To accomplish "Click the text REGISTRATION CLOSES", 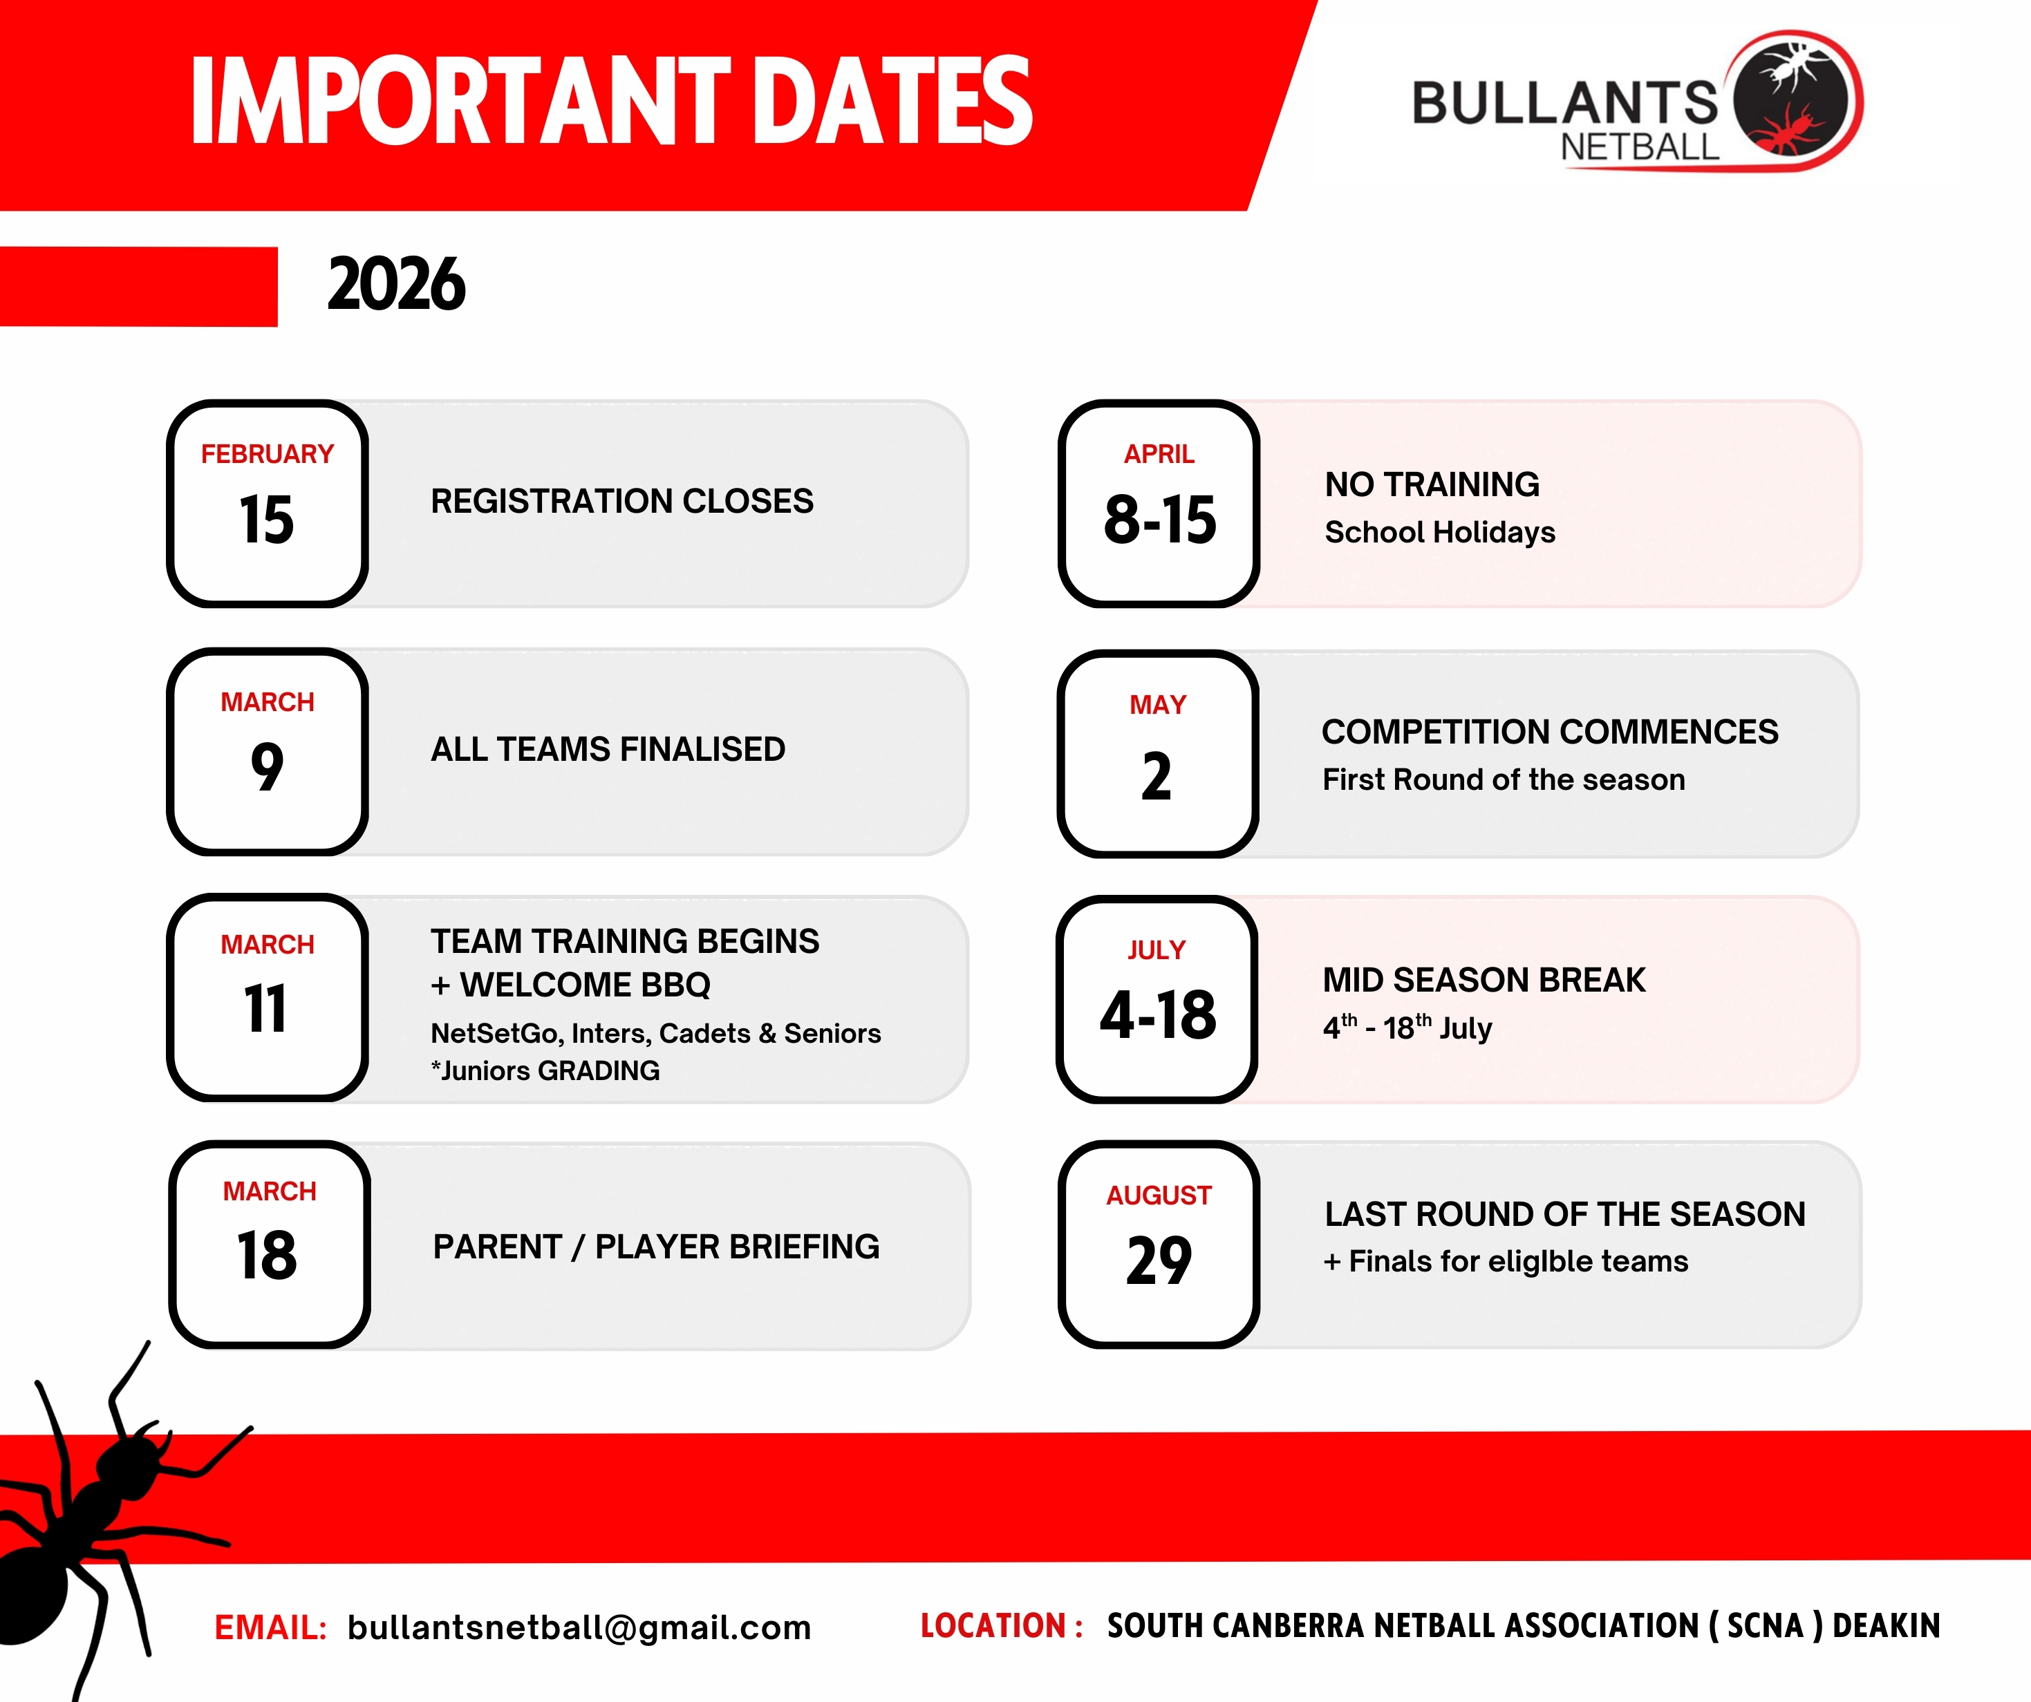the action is (622, 501).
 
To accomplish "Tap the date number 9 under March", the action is (267, 767).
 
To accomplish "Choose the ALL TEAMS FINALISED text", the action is (608, 748).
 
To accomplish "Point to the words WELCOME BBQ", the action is (585, 985).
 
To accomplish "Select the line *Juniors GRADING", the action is (545, 1070).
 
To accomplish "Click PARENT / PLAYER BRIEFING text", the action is (656, 1247).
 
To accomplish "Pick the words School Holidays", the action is (1439, 532).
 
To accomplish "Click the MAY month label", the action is (1158, 704).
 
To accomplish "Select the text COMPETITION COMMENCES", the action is (1549, 731).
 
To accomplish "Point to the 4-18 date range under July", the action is (1158, 1014).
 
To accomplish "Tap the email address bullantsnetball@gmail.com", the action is (579, 1627).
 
